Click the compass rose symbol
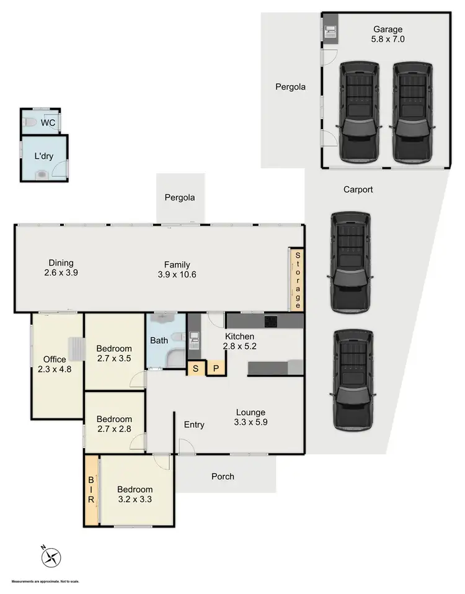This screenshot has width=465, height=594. pyautogui.click(x=51, y=557)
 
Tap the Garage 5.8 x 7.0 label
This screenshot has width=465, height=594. pyautogui.click(x=387, y=34)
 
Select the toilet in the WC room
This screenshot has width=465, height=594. pyautogui.click(x=32, y=123)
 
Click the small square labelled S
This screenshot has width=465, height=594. pyautogui.click(x=195, y=368)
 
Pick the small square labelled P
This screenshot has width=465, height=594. pyautogui.click(x=216, y=368)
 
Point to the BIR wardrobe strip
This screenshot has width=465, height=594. pyautogui.click(x=91, y=490)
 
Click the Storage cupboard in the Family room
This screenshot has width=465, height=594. pyautogui.click(x=297, y=280)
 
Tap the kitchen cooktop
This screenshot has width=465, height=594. pyautogui.click(x=271, y=322)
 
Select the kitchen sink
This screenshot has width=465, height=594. pyautogui.click(x=194, y=338)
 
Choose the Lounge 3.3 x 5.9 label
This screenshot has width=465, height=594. pyautogui.click(x=250, y=418)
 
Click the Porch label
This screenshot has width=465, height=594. pyautogui.click(x=223, y=476)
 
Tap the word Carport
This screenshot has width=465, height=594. pyautogui.click(x=358, y=190)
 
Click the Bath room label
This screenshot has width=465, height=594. pyautogui.click(x=159, y=340)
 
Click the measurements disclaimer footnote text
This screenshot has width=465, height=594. pyautogui.click(x=40, y=582)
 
